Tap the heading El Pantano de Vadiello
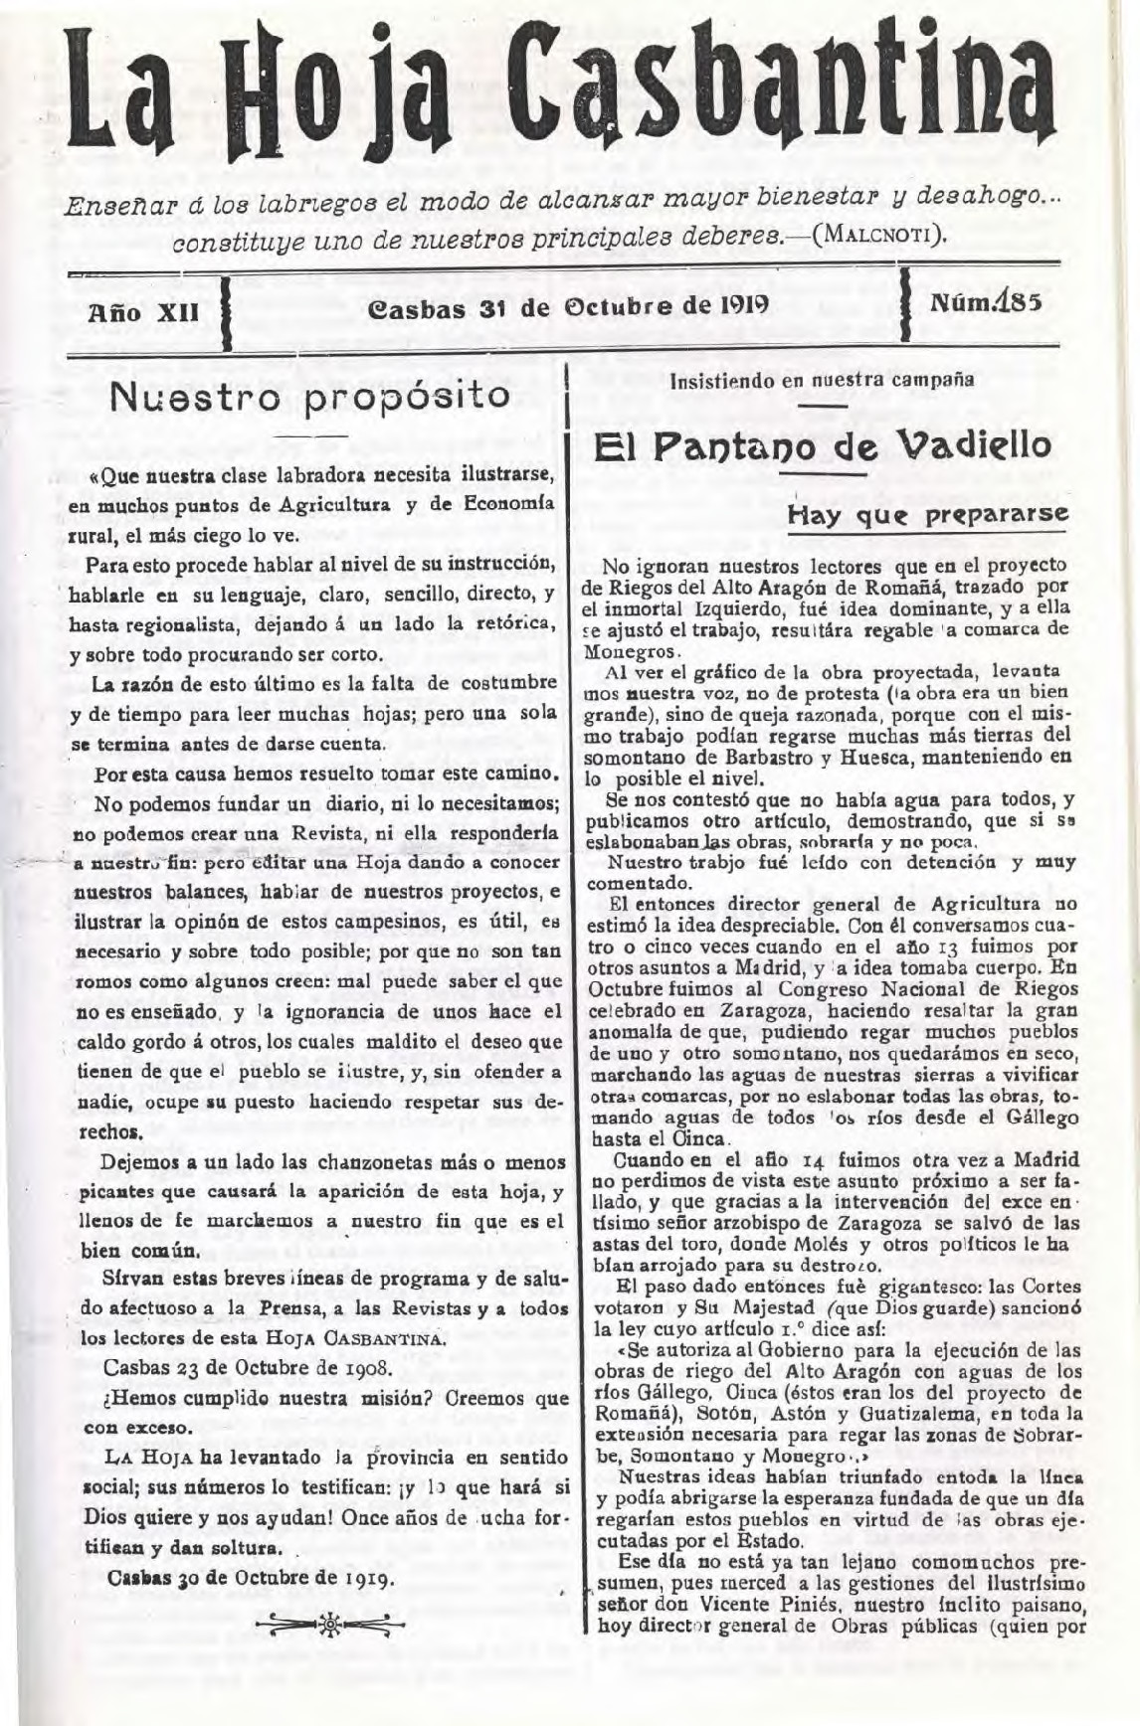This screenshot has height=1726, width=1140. click(821, 444)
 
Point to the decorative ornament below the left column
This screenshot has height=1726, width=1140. click(323, 1624)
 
